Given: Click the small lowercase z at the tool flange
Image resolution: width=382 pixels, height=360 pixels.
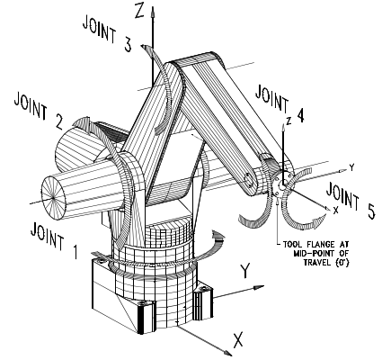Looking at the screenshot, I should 287,120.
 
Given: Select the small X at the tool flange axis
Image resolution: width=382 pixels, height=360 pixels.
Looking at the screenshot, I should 335,210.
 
